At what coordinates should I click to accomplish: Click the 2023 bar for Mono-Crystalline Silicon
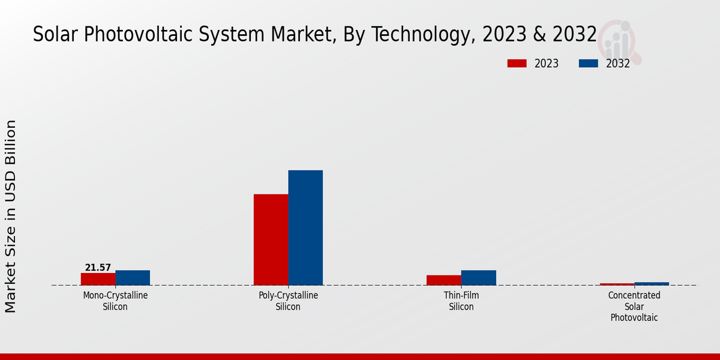(x=98, y=279)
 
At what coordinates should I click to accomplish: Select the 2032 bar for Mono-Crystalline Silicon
(x=133, y=278)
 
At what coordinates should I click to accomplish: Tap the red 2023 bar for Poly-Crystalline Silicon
(x=271, y=239)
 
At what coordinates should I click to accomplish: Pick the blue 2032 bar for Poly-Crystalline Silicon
(x=305, y=227)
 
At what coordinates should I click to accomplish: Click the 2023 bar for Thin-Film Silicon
(x=444, y=280)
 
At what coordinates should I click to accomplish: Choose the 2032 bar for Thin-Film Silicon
(x=479, y=278)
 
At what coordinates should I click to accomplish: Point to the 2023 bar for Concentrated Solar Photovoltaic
(x=617, y=284)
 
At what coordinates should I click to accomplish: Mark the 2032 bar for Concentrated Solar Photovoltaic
(x=652, y=284)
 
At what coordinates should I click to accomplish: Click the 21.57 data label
(x=98, y=268)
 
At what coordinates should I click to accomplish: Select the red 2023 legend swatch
(x=517, y=64)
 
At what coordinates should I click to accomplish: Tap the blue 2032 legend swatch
(x=588, y=64)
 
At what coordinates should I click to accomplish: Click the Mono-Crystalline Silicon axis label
(x=115, y=301)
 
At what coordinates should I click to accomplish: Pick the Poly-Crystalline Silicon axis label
(x=288, y=301)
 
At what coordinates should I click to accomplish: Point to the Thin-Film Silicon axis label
(x=461, y=301)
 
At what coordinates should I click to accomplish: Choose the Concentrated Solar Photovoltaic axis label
(x=634, y=306)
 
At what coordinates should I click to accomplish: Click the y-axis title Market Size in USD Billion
(x=11, y=216)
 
